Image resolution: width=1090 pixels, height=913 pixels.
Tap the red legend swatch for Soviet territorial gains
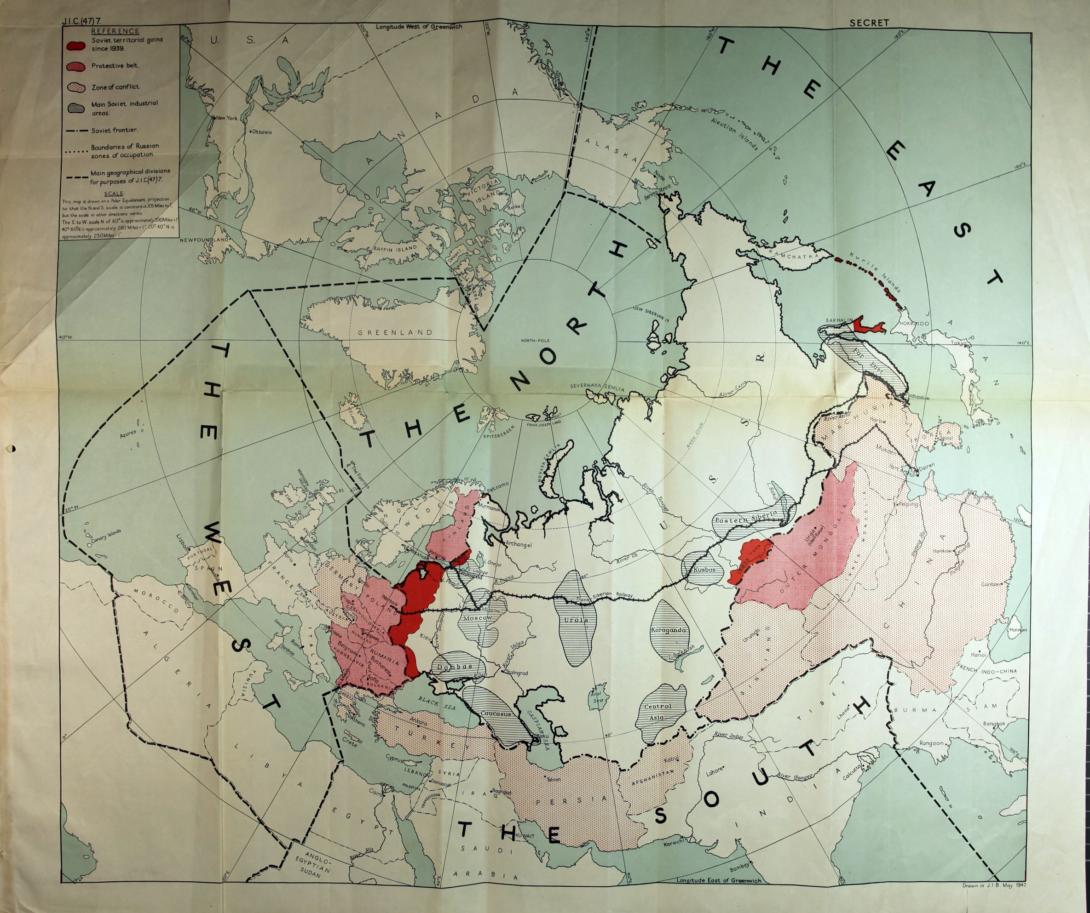pos(76,45)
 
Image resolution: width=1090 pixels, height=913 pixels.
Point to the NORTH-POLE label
pos(535,341)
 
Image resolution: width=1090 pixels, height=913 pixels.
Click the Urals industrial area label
pos(576,619)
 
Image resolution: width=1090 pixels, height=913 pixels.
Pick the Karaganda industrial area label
pos(668,630)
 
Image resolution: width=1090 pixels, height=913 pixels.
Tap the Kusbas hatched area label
pos(704,569)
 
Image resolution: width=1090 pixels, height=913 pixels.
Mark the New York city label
pos(226,118)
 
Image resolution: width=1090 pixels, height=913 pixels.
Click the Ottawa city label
pos(261,132)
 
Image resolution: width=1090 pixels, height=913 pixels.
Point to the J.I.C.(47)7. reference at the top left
pos(81,21)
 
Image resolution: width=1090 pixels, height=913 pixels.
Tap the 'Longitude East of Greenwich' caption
pos(718,880)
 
